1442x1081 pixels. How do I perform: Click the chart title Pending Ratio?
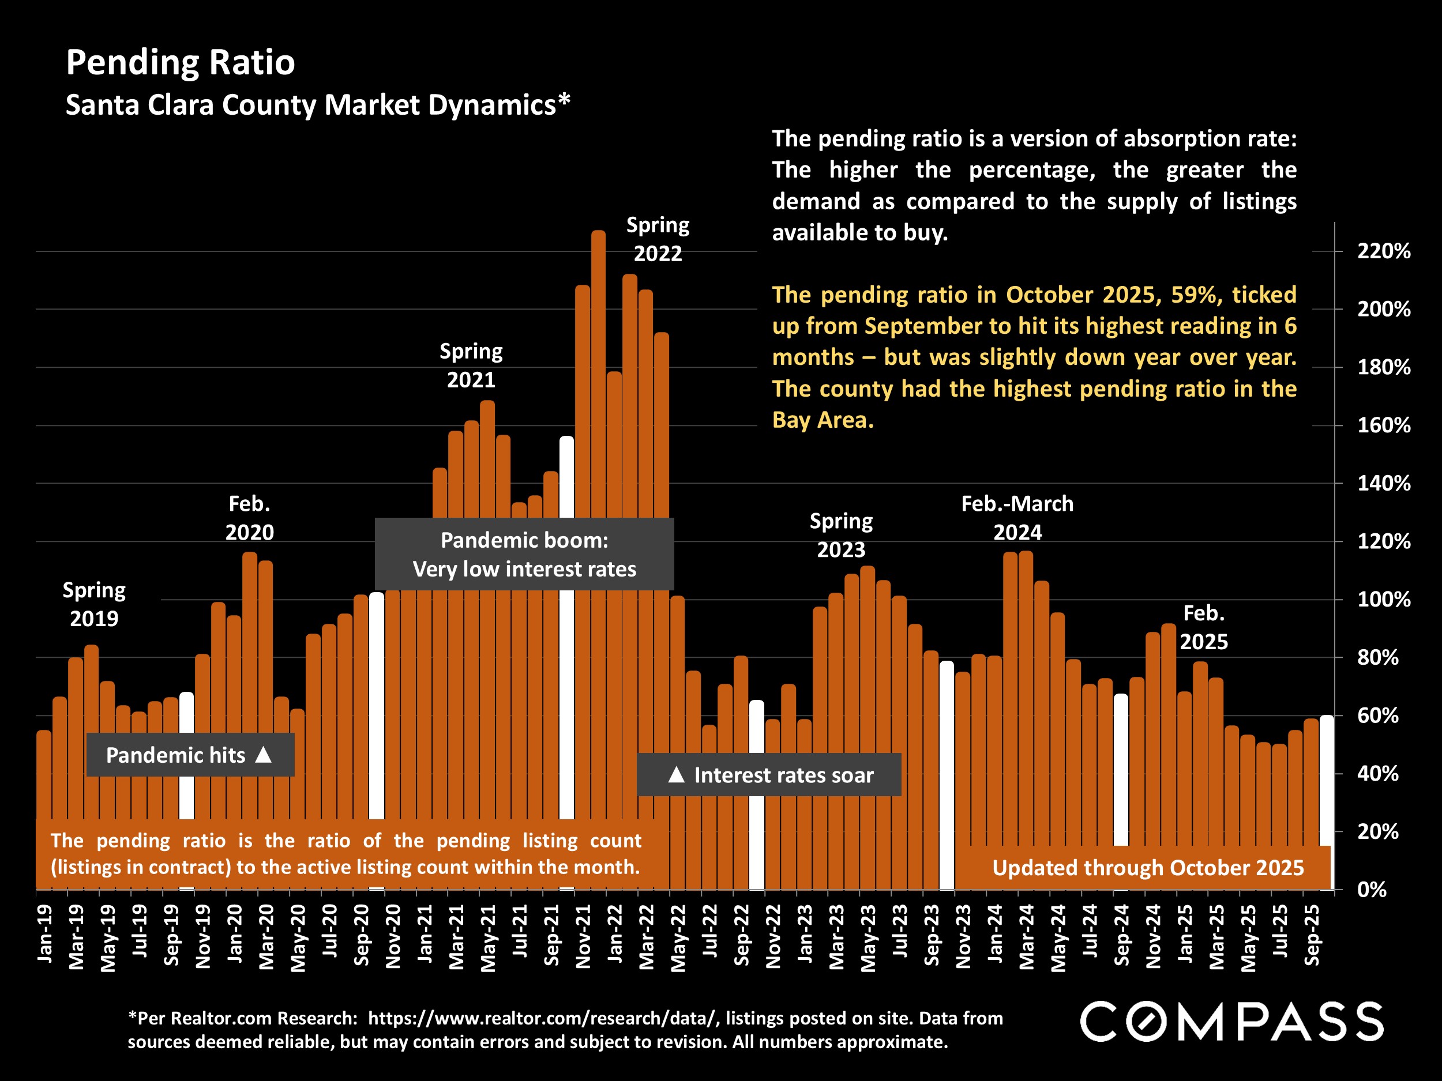click(x=181, y=62)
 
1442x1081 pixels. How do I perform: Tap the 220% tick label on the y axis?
click(x=1383, y=251)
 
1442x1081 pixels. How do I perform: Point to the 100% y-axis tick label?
click(x=1383, y=600)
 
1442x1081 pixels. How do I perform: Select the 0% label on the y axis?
click(x=1372, y=890)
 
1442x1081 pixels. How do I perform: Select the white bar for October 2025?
click(x=1326, y=782)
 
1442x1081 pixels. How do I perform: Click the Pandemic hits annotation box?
click(x=190, y=755)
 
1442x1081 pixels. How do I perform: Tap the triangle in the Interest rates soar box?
click(x=677, y=775)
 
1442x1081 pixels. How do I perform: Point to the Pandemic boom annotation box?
click(x=524, y=555)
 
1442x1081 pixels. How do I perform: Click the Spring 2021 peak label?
click(x=471, y=366)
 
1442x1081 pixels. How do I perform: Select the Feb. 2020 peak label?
click(x=250, y=518)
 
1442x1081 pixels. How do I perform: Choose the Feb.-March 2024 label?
click(x=1017, y=518)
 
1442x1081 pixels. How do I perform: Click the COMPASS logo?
click(x=1231, y=1022)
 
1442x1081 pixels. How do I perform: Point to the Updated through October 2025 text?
click(x=1147, y=868)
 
